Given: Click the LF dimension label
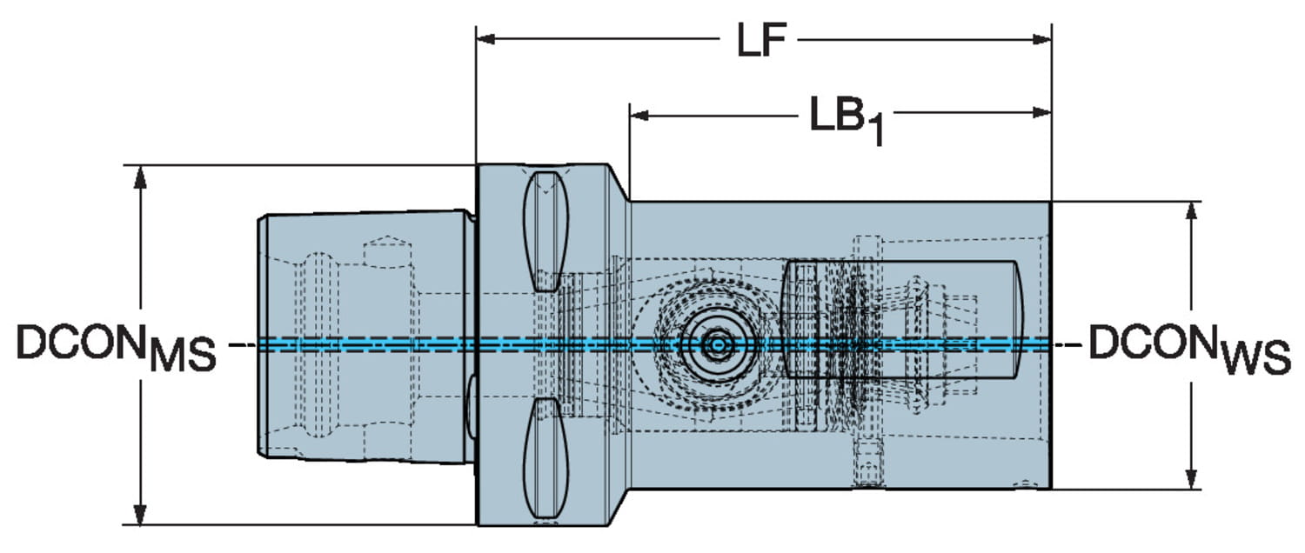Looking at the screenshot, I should (x=762, y=41).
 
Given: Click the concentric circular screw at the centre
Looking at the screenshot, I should (x=717, y=345).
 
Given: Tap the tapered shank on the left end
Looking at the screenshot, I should (x=365, y=339).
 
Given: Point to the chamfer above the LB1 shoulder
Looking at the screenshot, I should (x=619, y=184).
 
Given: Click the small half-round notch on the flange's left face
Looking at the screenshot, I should (x=470, y=404).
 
